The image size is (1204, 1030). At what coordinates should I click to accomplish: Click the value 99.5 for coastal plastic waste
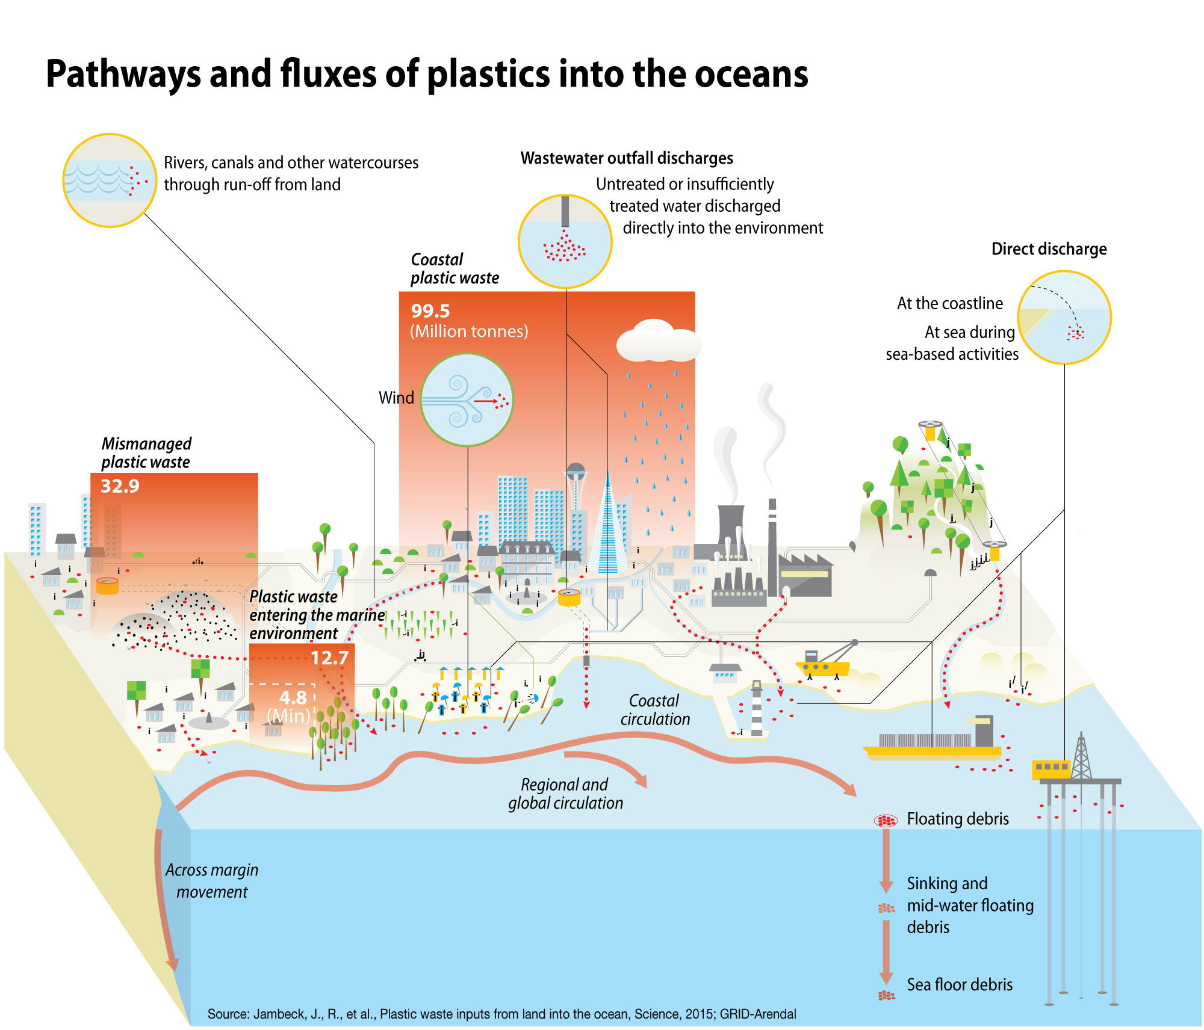click(x=430, y=311)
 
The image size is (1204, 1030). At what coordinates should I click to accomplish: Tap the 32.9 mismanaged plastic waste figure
click(x=120, y=486)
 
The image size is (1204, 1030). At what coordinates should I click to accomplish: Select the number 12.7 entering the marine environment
click(x=329, y=658)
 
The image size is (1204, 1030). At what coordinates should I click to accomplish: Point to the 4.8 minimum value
click(x=293, y=697)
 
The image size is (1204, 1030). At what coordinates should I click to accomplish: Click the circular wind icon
click(x=467, y=399)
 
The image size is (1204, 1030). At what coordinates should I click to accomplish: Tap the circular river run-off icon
click(x=110, y=180)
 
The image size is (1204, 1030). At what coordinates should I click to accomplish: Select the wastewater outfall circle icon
click(x=565, y=241)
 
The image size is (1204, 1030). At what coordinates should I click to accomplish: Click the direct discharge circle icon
click(x=1064, y=317)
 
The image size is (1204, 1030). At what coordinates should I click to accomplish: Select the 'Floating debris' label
click(x=958, y=819)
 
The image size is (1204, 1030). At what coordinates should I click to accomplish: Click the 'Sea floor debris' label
click(x=960, y=985)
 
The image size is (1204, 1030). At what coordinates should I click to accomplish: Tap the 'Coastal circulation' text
click(x=655, y=710)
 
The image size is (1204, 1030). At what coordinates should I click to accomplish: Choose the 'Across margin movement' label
click(x=212, y=881)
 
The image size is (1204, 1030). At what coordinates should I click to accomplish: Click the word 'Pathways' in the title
click(x=123, y=74)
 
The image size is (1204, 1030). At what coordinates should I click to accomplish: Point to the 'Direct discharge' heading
click(x=1049, y=249)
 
